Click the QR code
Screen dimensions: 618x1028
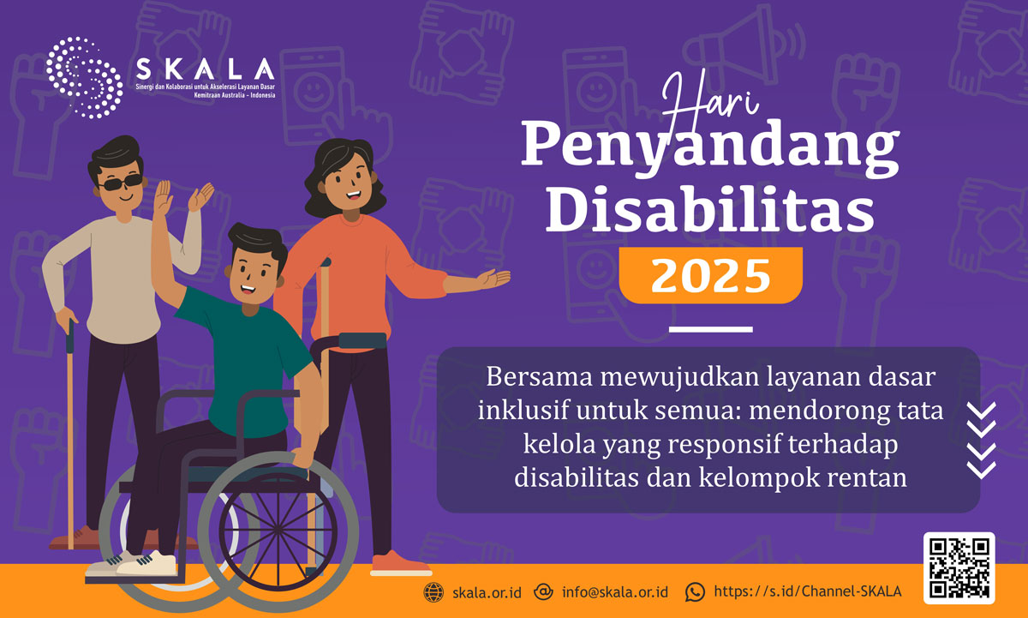click(959, 568)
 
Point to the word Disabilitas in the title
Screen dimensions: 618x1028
click(711, 210)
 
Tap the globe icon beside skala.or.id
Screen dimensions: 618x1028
click(435, 592)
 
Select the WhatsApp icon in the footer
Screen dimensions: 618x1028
click(695, 592)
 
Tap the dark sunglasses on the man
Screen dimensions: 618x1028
click(121, 184)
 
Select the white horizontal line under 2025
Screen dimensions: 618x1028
click(710, 328)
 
